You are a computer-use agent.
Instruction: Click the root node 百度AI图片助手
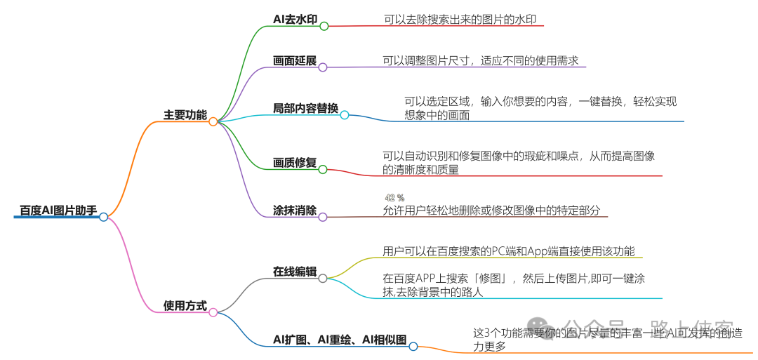click(x=58, y=210)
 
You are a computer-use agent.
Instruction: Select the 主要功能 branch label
click(x=185, y=114)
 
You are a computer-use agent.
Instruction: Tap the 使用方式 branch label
click(x=185, y=305)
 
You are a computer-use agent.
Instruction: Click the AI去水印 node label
click(x=295, y=19)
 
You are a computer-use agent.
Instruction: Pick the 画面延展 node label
click(x=295, y=60)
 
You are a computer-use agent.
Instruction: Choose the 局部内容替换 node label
click(x=305, y=108)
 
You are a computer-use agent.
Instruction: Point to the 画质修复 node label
click(x=295, y=163)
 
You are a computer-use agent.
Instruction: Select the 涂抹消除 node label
click(x=295, y=210)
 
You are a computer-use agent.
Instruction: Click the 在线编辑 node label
click(x=295, y=272)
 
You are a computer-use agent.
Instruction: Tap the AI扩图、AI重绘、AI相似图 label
click(x=340, y=340)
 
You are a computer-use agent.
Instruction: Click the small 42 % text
click(x=394, y=198)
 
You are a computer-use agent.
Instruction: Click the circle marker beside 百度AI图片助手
click(x=104, y=217)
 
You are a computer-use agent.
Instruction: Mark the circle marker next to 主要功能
click(x=213, y=121)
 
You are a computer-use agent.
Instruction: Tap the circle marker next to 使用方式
click(x=213, y=312)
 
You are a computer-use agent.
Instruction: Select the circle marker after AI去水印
click(x=324, y=26)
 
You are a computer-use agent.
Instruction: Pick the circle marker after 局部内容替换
click(x=345, y=115)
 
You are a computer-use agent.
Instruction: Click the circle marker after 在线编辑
click(x=323, y=278)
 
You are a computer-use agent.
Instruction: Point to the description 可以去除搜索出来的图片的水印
click(x=460, y=20)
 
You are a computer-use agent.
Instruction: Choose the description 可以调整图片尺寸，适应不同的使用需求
click(x=480, y=60)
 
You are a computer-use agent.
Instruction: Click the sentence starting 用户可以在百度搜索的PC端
click(x=509, y=251)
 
